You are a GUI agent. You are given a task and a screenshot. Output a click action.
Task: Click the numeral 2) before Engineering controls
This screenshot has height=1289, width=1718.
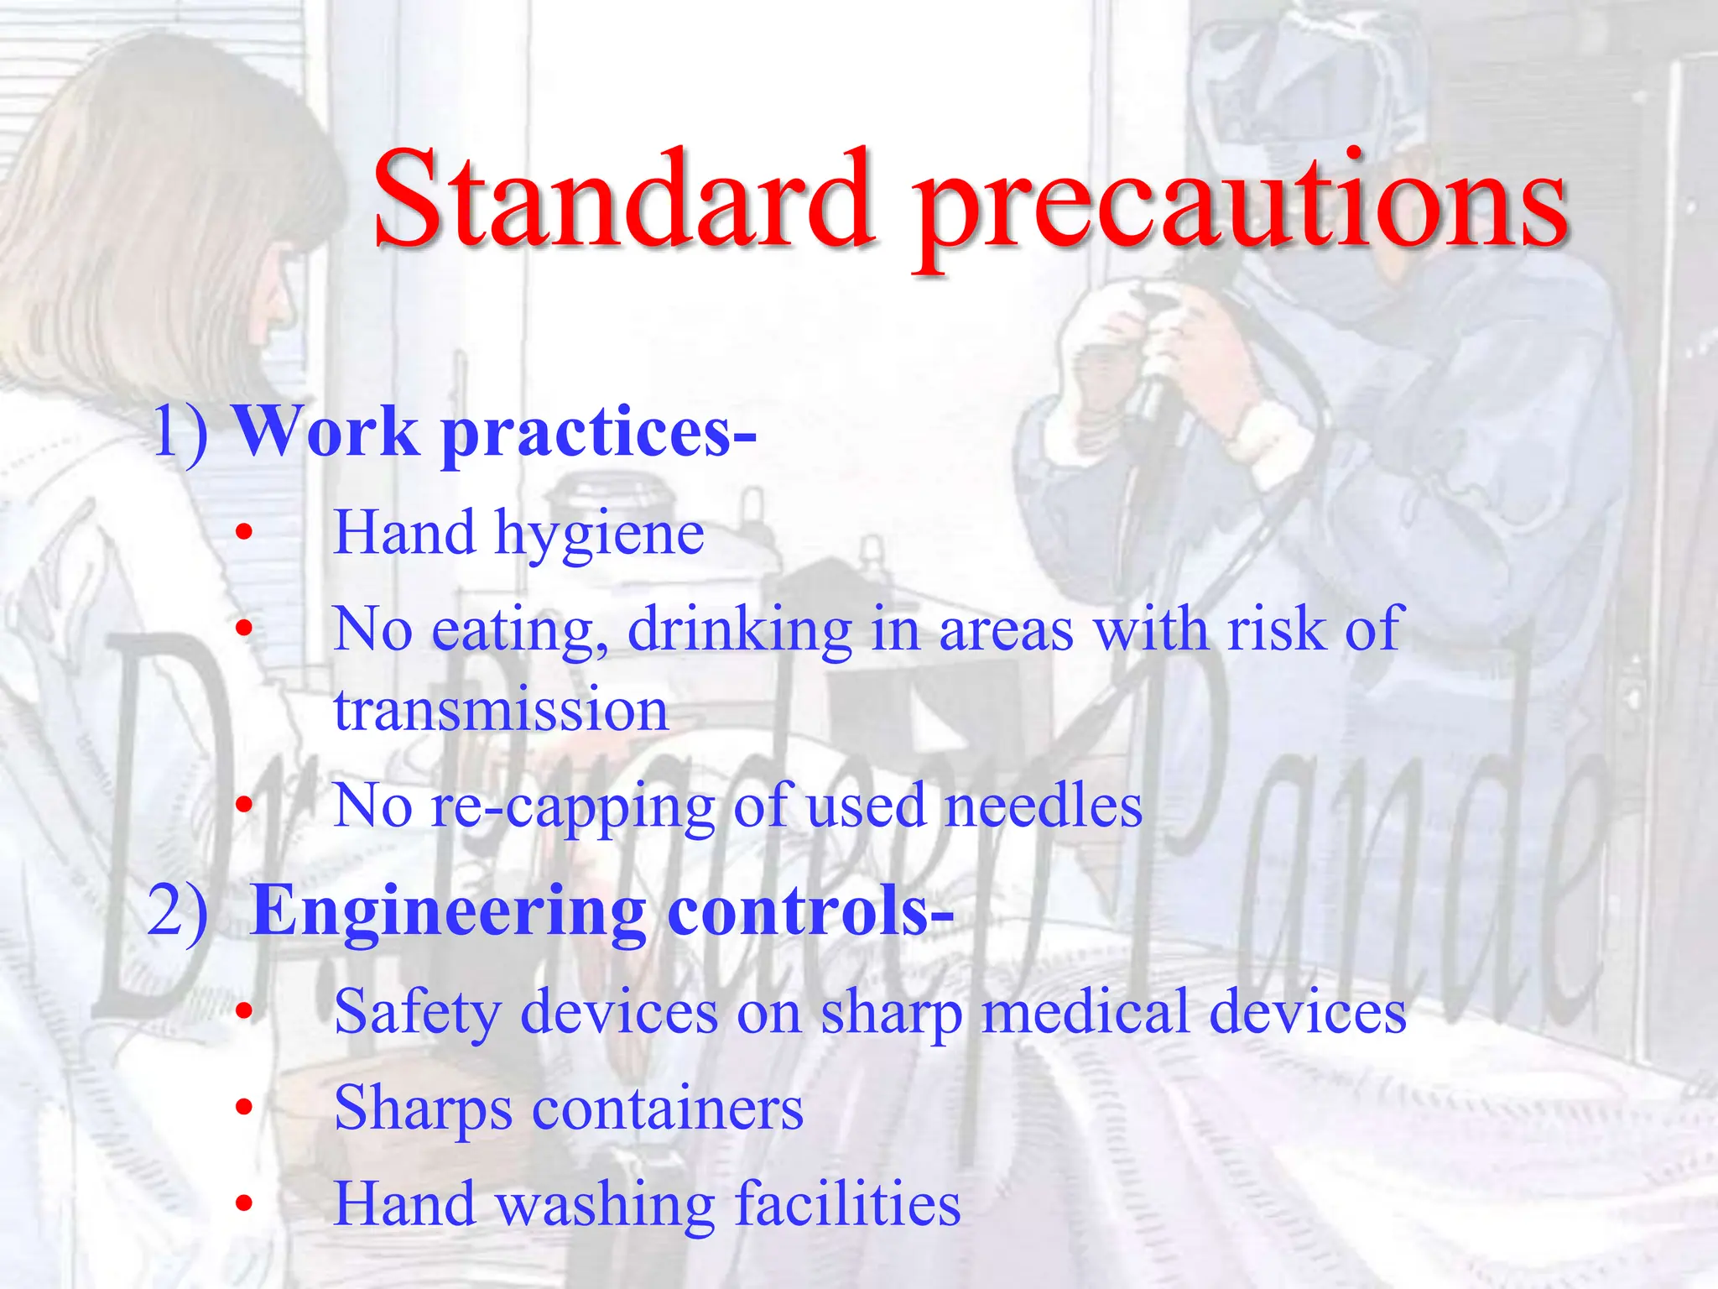[x=178, y=911]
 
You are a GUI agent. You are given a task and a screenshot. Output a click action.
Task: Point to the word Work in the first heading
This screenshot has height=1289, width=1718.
[x=325, y=431]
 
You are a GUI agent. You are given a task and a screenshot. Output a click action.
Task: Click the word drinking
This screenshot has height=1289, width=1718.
[x=739, y=631]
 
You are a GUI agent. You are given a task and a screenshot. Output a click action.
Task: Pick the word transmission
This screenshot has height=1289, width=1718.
[x=501, y=710]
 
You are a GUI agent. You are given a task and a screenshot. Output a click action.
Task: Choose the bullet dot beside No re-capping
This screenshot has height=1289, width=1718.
[x=243, y=806]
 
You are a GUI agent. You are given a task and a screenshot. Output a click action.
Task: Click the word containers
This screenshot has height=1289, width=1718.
[x=668, y=1109]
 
